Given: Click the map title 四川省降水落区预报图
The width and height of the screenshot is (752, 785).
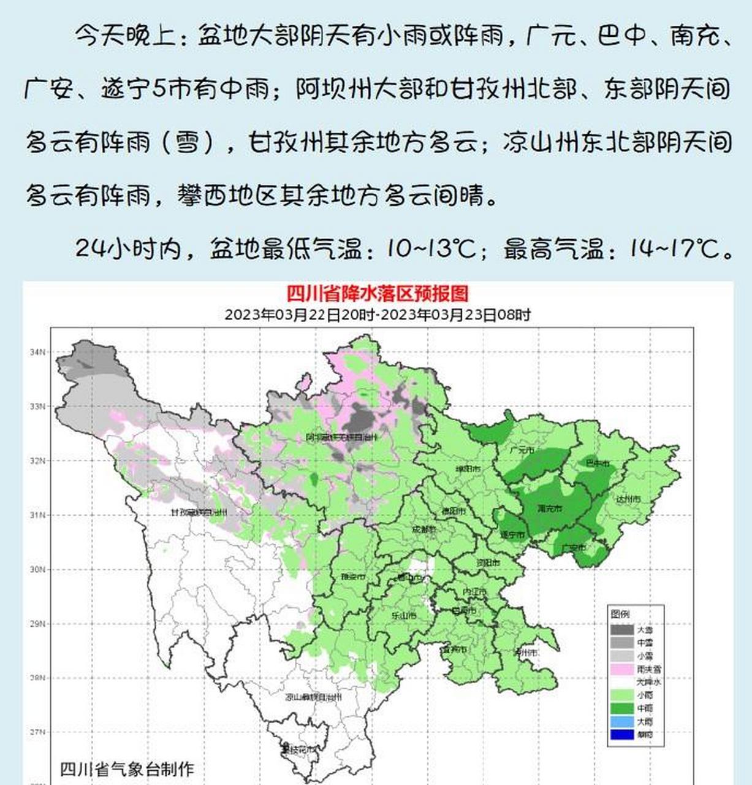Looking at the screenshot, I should (378, 294).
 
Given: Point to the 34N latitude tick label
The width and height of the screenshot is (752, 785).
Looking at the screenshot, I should (37, 352).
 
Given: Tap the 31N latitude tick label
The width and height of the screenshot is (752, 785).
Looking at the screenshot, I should (37, 515).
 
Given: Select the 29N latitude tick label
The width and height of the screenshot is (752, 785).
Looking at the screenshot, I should (37, 624).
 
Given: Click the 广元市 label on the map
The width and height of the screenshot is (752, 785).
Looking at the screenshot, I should (522, 450).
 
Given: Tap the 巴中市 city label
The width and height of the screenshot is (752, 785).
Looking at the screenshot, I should (598, 464).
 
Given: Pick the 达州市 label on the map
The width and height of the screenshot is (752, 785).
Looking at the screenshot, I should (628, 499).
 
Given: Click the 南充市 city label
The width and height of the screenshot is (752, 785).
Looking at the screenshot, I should (549, 508).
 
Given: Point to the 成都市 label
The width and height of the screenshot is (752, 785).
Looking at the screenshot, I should (424, 529).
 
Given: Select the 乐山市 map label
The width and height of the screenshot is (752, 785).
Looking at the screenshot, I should (404, 615).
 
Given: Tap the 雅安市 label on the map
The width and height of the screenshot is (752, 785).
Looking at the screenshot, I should (353, 577).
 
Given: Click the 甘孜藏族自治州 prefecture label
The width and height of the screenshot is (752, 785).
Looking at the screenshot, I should (199, 512).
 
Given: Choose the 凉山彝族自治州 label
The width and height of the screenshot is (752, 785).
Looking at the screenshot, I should (313, 697).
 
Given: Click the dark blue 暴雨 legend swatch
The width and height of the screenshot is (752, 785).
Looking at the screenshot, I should (621, 734).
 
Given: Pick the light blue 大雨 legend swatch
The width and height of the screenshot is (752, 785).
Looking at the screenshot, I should (621, 721).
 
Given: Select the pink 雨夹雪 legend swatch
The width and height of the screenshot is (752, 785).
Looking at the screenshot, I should (621, 669).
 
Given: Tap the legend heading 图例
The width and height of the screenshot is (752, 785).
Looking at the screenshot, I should (620, 614).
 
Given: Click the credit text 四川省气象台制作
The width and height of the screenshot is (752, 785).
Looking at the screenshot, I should (127, 768).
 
